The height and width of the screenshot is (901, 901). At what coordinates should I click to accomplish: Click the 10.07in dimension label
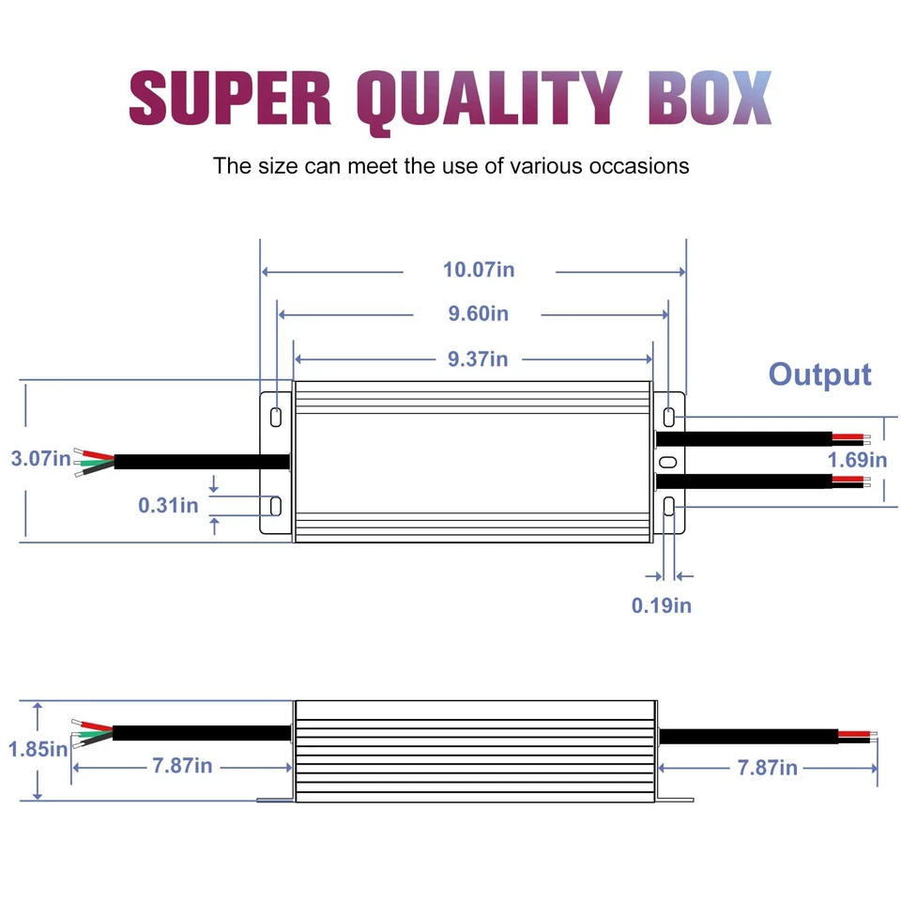(479, 270)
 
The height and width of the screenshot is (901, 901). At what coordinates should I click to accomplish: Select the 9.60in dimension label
(478, 313)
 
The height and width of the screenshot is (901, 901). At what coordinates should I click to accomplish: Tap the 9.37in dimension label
(478, 359)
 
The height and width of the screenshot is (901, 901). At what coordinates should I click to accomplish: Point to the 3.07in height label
(40, 459)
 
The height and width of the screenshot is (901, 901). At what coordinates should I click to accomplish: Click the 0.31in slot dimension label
(168, 505)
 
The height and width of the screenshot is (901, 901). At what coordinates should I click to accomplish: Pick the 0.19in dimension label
(661, 605)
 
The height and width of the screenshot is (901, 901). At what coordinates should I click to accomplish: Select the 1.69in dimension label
(857, 460)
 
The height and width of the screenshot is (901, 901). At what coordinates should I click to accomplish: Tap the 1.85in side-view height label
(38, 749)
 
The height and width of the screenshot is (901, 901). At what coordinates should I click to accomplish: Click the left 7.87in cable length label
(182, 766)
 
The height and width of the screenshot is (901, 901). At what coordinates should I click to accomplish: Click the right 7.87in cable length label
(767, 768)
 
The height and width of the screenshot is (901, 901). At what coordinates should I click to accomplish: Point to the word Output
(819, 374)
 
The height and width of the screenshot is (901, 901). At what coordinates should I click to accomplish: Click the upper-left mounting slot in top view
(276, 416)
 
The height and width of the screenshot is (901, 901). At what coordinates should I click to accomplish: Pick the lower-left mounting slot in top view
(276, 506)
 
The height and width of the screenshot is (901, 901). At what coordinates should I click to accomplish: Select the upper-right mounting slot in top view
(668, 416)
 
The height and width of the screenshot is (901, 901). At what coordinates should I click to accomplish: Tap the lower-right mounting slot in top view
(668, 507)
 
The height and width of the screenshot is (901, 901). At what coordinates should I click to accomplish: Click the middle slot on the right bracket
(667, 462)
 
